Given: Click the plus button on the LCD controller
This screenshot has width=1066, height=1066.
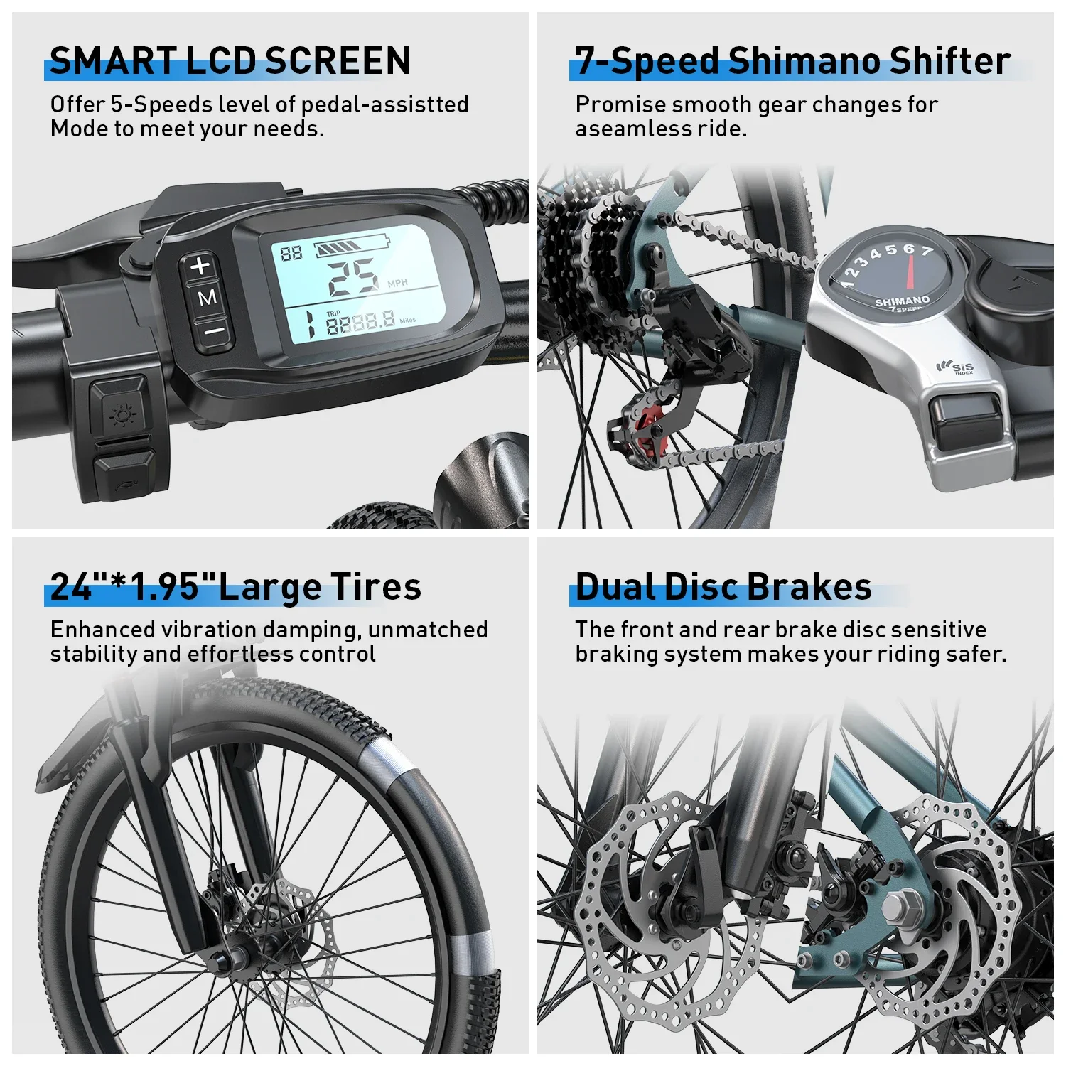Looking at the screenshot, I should coord(201,266).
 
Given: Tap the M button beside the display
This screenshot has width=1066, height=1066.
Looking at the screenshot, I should coord(207,298).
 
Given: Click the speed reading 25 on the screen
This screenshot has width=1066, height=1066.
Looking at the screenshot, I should coord(353,276).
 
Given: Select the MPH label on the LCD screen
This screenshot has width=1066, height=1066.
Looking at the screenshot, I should coord(397,283).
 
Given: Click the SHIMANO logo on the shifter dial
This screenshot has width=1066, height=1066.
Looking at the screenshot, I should coord(903,301).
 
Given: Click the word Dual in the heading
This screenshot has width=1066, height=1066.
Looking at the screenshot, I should coord(615,587).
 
